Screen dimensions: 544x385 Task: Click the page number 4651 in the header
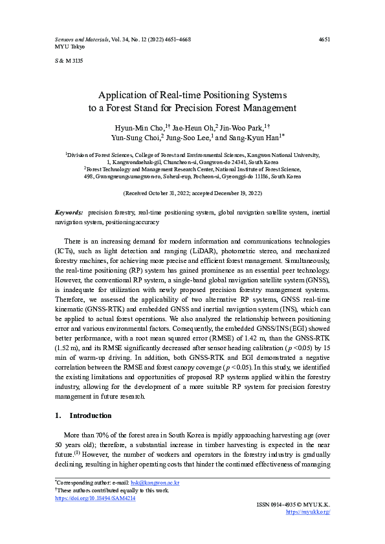pyautogui.click(x=325, y=39)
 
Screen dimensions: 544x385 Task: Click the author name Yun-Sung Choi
pyautogui.click(x=133, y=138)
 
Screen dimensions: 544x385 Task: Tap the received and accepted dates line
pyautogui.click(x=192, y=193)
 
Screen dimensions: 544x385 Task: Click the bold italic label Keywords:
pyautogui.click(x=68, y=213)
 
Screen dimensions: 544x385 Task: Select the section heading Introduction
pyautogui.click(x=90, y=415)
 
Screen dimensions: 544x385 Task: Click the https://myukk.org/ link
pyautogui.click(x=308, y=511)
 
